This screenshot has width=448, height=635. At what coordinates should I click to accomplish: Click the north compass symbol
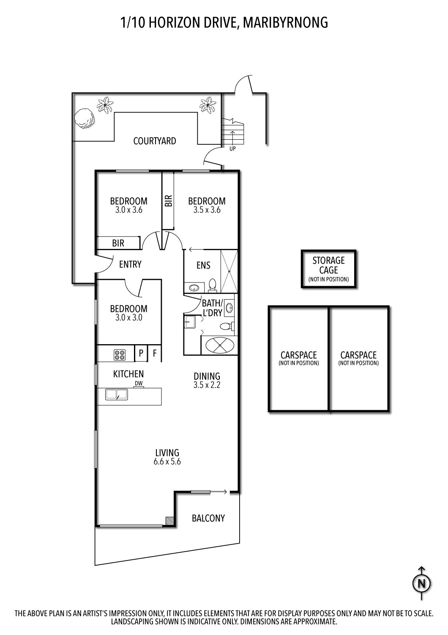pos(422,583)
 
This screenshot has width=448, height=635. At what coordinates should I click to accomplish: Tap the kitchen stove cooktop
pos(120,355)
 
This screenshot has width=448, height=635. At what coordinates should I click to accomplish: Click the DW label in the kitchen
pos(139,383)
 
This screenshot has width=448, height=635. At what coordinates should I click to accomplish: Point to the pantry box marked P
pos(141,353)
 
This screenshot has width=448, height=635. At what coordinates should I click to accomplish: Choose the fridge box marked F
pos(155,353)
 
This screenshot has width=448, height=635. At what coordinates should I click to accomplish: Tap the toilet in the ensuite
pos(212,285)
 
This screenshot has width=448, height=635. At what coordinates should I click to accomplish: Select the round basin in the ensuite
pos(194,288)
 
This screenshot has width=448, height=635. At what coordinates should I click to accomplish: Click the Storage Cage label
pos(328,265)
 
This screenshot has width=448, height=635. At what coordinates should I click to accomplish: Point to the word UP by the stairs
pos(232,149)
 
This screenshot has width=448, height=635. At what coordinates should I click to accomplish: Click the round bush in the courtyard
pos(84,119)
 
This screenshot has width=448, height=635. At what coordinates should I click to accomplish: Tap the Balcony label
pos(208,518)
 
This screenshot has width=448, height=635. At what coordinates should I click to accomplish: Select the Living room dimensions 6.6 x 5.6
pos(167,462)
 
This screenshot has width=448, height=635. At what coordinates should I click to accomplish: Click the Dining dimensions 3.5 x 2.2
pos(207,385)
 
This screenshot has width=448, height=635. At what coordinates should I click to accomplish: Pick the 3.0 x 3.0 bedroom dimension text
pos(129,317)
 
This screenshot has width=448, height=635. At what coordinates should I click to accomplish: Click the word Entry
pos(130,265)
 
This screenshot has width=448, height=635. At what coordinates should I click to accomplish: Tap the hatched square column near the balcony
pos(169,520)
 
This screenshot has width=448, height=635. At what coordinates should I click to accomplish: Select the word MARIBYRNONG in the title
pos(286,23)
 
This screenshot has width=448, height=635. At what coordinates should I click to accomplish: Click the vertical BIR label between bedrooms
pos(168,201)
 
